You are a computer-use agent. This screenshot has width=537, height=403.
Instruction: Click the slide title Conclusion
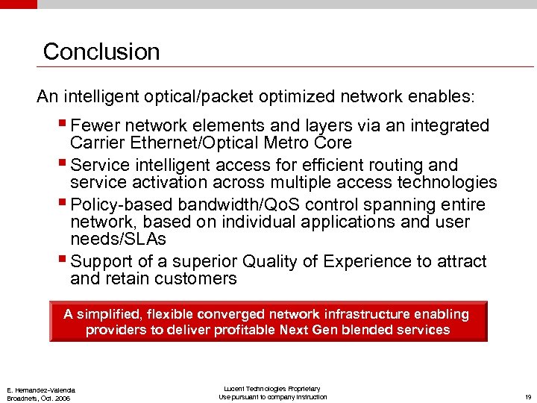(x=101, y=51)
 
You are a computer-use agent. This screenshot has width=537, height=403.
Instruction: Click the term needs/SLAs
(x=118, y=240)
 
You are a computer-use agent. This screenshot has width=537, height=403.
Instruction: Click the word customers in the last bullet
(x=195, y=279)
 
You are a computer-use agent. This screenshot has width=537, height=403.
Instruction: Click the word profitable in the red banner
(x=248, y=330)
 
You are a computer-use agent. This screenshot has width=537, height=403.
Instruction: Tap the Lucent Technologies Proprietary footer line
(x=272, y=389)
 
